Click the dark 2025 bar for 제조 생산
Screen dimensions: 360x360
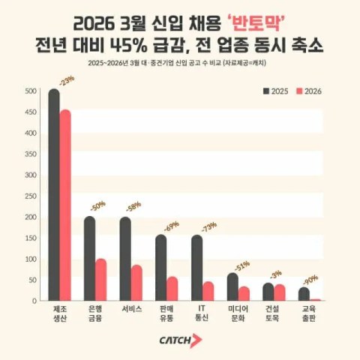point(54,195)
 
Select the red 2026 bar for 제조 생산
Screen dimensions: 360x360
point(65,205)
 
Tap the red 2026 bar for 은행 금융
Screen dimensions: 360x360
point(100,280)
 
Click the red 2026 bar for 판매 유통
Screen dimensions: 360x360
point(172,289)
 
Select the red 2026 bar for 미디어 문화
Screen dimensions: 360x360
point(244,293)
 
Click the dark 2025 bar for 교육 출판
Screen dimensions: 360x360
point(304,293)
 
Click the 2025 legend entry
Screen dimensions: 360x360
point(277,91)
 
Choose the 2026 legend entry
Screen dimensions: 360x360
point(309,91)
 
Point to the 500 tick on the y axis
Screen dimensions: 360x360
point(30,92)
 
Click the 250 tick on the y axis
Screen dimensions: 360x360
point(30,196)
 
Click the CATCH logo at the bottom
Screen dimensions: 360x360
point(180,340)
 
